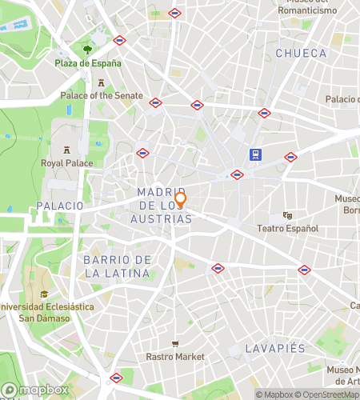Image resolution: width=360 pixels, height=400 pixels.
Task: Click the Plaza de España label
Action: [x=88, y=63]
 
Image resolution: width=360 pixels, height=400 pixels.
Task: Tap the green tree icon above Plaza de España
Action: [x=87, y=50]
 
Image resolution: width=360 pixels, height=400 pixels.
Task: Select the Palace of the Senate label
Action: [x=102, y=95]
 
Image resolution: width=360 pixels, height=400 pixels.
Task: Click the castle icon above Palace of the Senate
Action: [x=102, y=82]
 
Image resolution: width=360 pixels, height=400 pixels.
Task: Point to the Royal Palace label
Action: [x=67, y=163]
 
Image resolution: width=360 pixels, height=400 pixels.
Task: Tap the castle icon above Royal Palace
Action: [x=67, y=150]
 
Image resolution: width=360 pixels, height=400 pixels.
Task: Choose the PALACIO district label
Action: [x=59, y=206]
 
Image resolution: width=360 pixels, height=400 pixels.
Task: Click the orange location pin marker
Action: [x=181, y=199]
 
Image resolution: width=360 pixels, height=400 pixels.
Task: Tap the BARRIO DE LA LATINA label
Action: [x=117, y=266]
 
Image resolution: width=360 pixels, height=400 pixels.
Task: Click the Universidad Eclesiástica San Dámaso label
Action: [x=46, y=312]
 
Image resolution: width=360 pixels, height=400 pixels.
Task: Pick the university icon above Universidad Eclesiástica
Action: [x=45, y=294]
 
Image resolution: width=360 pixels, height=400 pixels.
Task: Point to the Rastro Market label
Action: [x=175, y=356]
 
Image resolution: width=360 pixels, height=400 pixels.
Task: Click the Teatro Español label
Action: [x=287, y=228]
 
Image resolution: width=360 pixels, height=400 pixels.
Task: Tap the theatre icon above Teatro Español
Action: [x=287, y=215]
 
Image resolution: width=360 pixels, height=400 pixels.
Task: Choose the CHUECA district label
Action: [x=301, y=53]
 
